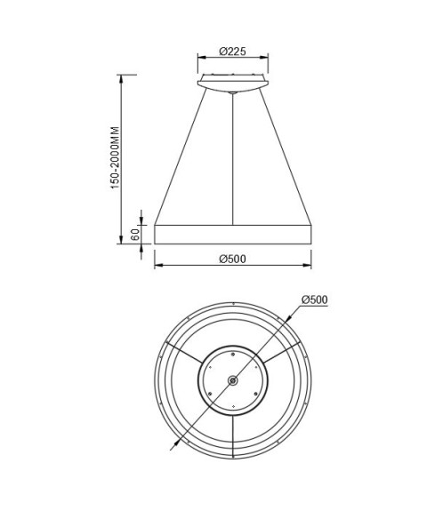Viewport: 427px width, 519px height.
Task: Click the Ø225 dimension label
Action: click(x=232, y=52)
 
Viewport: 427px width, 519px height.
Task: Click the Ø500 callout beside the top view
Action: click(x=315, y=300)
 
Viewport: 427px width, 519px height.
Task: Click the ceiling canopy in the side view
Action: click(x=232, y=84)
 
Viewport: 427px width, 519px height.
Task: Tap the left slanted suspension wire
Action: click(x=181, y=156)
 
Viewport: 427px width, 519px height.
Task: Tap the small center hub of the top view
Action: click(x=232, y=380)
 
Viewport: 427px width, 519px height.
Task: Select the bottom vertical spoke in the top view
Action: click(x=232, y=435)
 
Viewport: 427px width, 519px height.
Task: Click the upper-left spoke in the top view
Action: click(x=184, y=354)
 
